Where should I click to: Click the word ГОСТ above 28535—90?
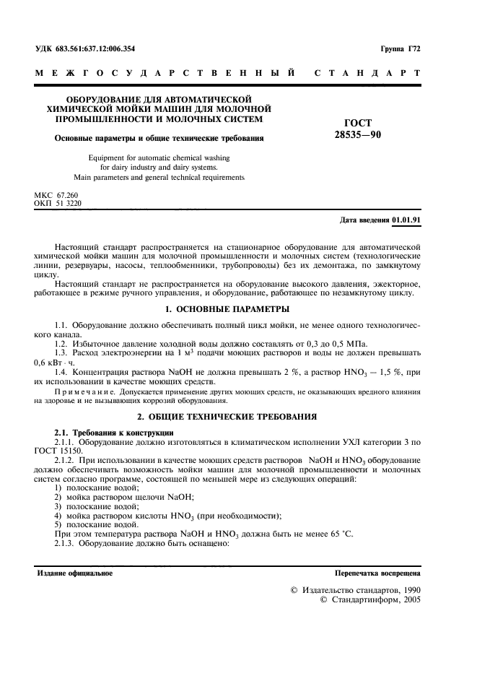point(358,123)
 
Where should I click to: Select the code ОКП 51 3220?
point(58,204)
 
